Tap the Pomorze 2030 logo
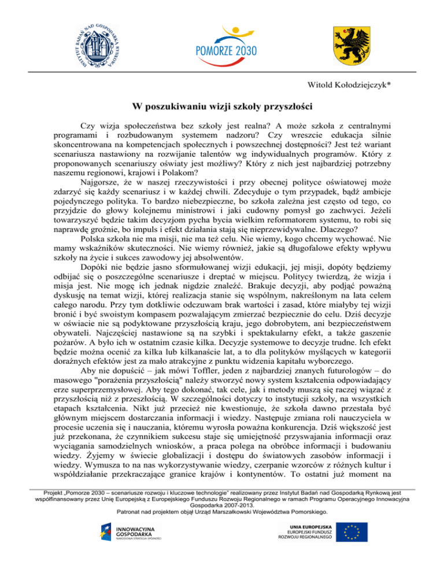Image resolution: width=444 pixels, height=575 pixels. tap(222, 43)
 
